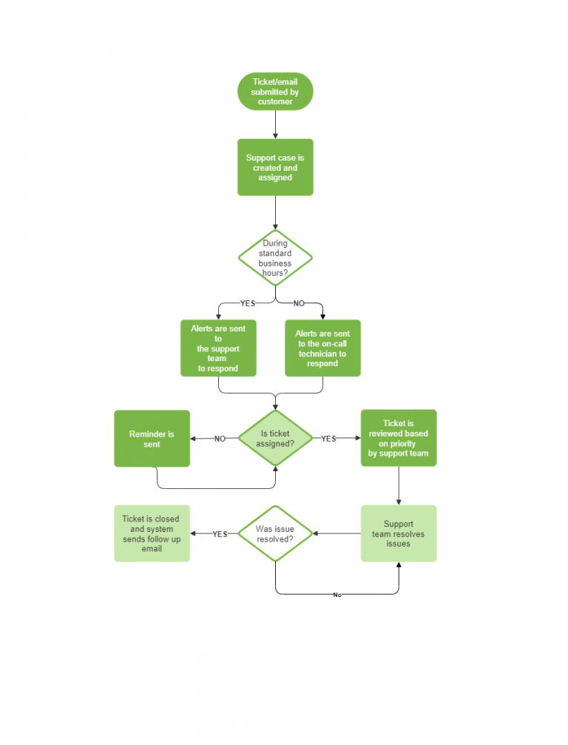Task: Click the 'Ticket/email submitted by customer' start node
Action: pyautogui.click(x=275, y=92)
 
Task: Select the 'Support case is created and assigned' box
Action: pyautogui.click(x=275, y=167)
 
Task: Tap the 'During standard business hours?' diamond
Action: pyautogui.click(x=275, y=258)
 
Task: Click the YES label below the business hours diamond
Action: pyautogui.click(x=247, y=303)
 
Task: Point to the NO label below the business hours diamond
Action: pyautogui.click(x=299, y=303)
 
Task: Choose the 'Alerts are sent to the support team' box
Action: pyautogui.click(x=218, y=348)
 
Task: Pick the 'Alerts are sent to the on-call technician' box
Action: pyautogui.click(x=322, y=348)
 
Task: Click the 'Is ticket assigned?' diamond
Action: pyautogui.click(x=275, y=439)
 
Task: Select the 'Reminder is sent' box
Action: pyautogui.click(x=152, y=439)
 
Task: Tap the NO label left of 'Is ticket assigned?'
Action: pyautogui.click(x=220, y=439)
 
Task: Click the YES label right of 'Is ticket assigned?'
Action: pyautogui.click(x=328, y=439)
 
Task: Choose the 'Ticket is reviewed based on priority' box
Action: pyautogui.click(x=399, y=438)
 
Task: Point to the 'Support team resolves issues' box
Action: pyautogui.click(x=399, y=533)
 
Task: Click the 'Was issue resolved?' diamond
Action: pyautogui.click(x=275, y=533)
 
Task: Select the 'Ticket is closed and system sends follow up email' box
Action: pyautogui.click(x=152, y=533)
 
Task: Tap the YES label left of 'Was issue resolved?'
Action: pyautogui.click(x=220, y=534)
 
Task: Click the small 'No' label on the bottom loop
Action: pyautogui.click(x=337, y=595)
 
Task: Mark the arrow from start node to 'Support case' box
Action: pyautogui.click(x=275, y=124)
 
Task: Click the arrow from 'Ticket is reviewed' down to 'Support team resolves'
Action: pyautogui.click(x=399, y=485)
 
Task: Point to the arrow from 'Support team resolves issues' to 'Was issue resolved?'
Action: pyautogui.click(x=337, y=533)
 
